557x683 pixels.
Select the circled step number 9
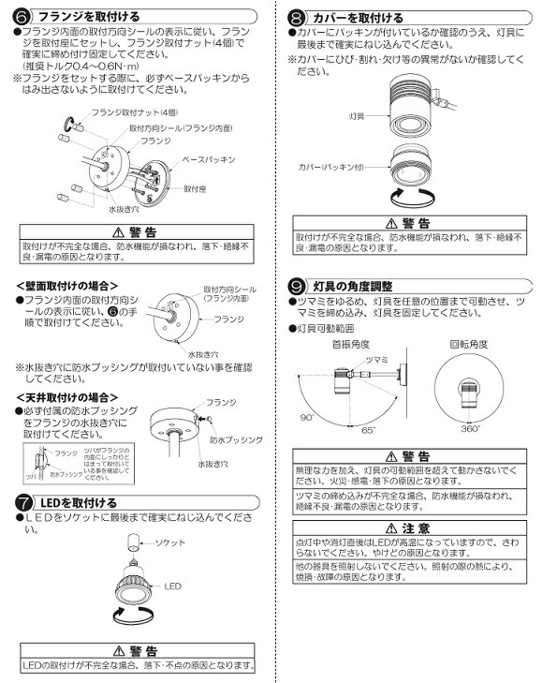tap(296, 285)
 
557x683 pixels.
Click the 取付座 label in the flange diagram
tap(195, 188)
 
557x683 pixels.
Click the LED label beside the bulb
tap(172, 587)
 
